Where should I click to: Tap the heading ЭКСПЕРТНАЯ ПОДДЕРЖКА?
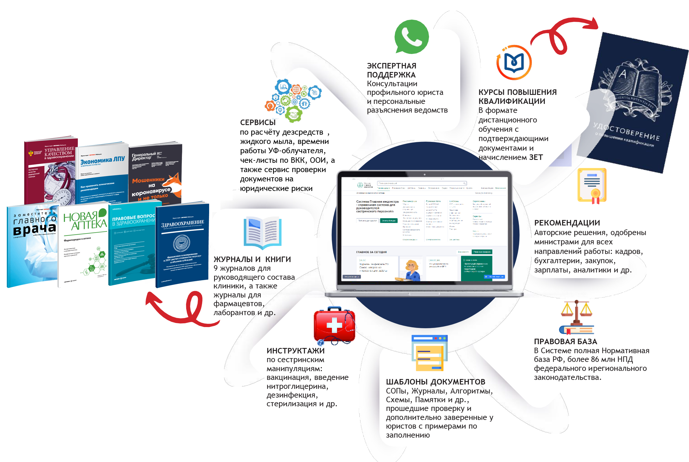pyautogui.click(x=391, y=70)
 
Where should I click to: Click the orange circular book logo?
pyautogui.click(x=514, y=62)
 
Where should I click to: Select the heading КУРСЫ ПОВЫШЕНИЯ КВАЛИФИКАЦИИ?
pyautogui.click(x=517, y=97)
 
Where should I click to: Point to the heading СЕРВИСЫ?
pyautogui.click(x=257, y=122)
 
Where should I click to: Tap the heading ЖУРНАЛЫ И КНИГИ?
pyautogui.click(x=252, y=259)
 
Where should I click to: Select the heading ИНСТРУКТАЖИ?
pyautogui.click(x=295, y=351)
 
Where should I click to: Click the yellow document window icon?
pyautogui.click(x=429, y=353)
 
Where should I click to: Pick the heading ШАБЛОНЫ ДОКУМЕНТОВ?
pyautogui.click(x=435, y=382)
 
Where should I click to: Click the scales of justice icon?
pyautogui.click(x=576, y=317)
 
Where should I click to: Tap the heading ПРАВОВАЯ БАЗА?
pyautogui.click(x=565, y=342)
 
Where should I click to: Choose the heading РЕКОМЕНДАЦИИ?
pyautogui.click(x=567, y=223)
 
